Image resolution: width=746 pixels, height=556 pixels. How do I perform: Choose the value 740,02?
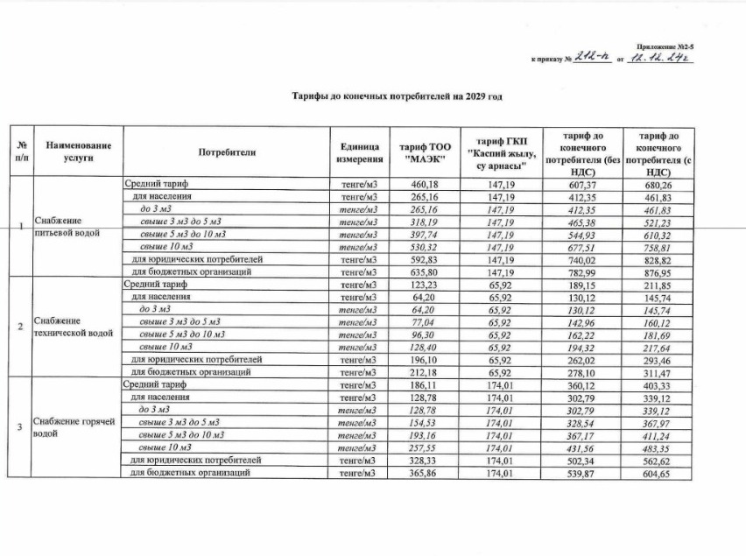click(575, 260)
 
